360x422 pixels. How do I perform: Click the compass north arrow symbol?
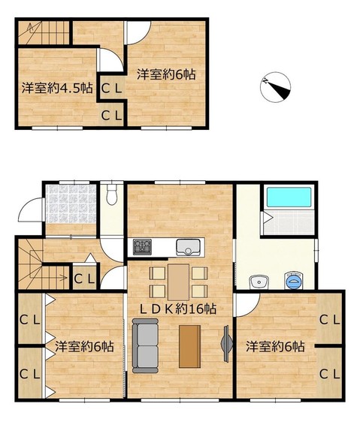click(x=275, y=86)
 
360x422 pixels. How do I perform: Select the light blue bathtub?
click(x=289, y=197)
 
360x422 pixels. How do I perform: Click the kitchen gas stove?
click(x=142, y=247)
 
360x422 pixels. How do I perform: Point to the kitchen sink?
click(x=189, y=247)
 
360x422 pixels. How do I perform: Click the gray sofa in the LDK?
click(x=145, y=345)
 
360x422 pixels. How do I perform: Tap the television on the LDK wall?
click(x=227, y=343)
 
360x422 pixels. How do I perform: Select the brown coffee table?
click(x=190, y=346)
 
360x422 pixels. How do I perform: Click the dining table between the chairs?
click(x=178, y=282)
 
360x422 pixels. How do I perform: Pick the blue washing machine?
click(x=294, y=282)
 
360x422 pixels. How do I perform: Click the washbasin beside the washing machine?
click(x=259, y=282)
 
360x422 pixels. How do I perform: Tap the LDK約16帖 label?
click(x=178, y=309)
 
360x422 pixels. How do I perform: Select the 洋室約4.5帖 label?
click(x=57, y=88)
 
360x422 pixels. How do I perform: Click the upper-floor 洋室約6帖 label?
click(x=166, y=74)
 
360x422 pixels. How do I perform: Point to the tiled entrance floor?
click(x=71, y=203)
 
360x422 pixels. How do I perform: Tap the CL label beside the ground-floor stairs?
click(x=84, y=279)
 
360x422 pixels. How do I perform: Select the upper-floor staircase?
click(x=44, y=32)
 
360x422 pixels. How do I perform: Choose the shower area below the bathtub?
click(x=289, y=222)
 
